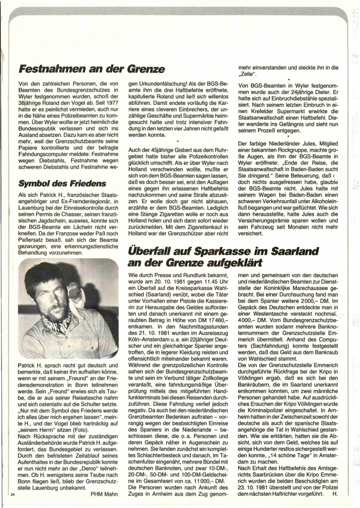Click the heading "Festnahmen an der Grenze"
click(x=92, y=70)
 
